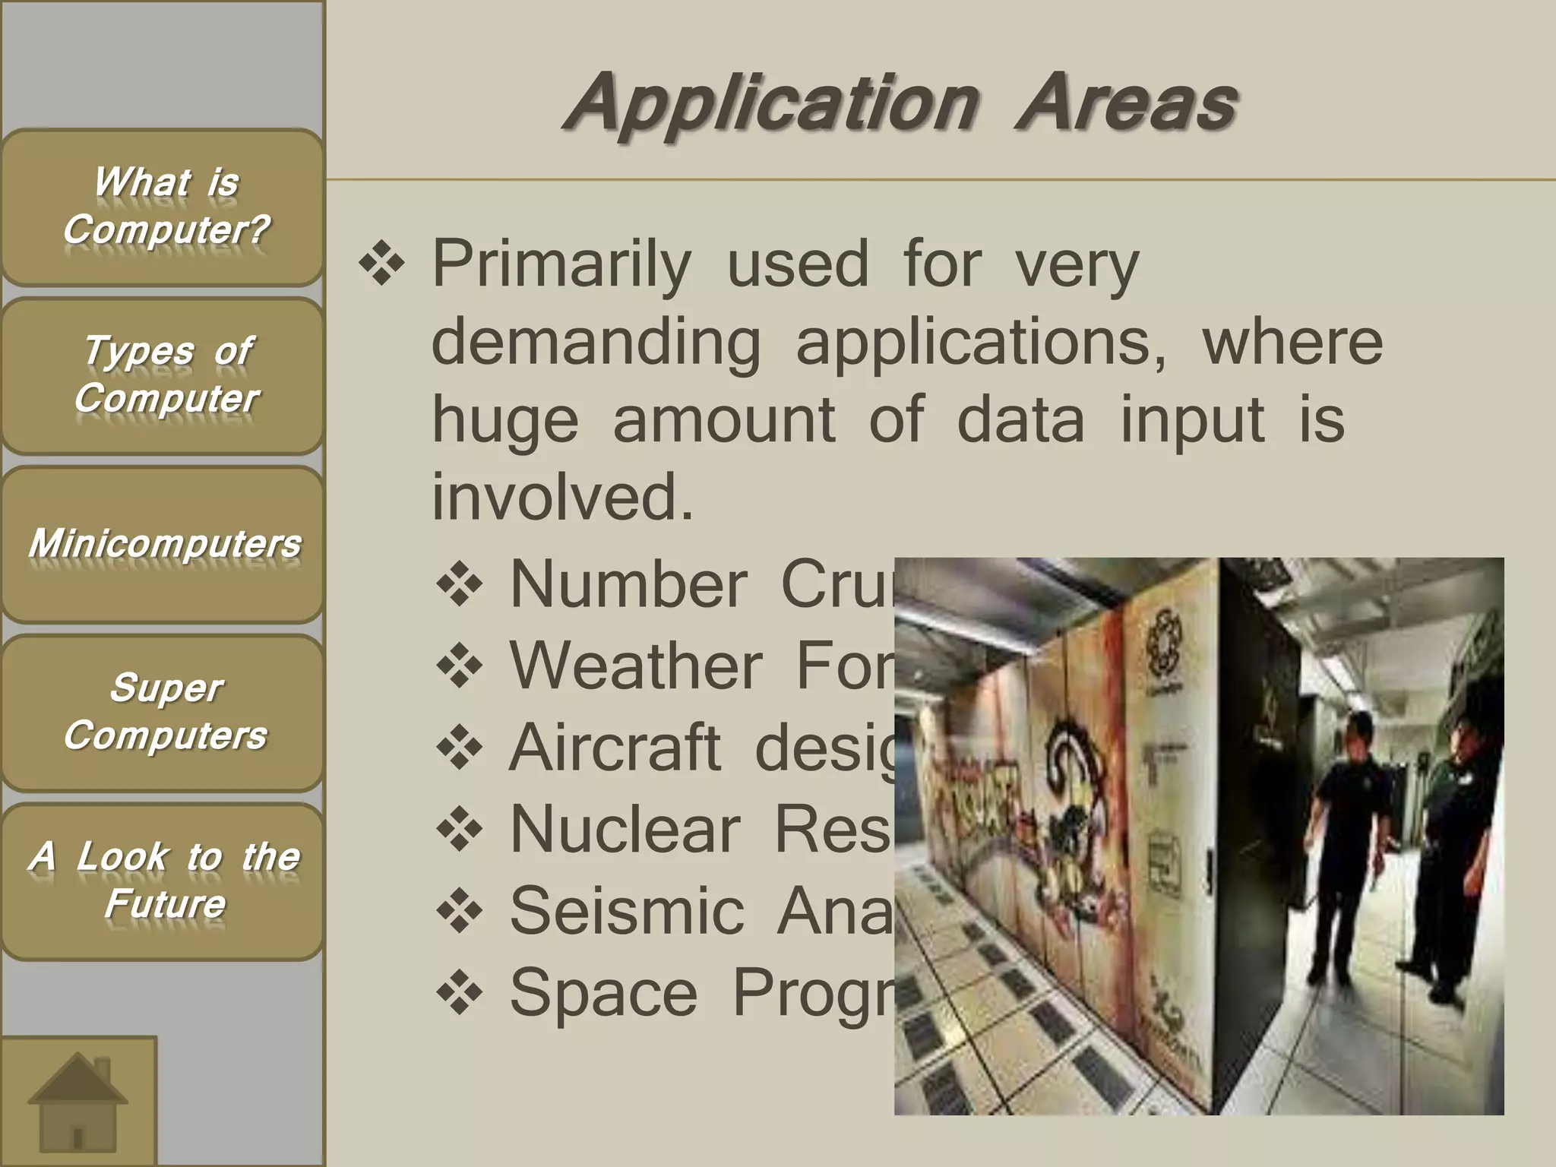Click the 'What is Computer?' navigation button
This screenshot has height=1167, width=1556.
click(163, 207)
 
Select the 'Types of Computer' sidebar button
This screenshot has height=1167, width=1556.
click(163, 375)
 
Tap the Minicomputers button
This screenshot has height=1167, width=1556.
click(163, 544)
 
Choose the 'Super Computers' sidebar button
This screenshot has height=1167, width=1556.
click(163, 713)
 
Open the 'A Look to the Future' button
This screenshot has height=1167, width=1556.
click(163, 881)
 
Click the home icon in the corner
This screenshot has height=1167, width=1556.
click(77, 1102)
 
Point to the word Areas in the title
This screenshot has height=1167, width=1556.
click(1127, 103)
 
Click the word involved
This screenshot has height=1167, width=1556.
click(563, 497)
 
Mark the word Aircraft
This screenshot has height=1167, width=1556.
click(615, 748)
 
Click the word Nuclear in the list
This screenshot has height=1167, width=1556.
click(625, 830)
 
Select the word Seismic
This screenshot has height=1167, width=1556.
click(627, 911)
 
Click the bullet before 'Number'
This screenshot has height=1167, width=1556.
click(460, 585)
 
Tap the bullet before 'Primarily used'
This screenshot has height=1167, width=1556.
click(381, 266)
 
